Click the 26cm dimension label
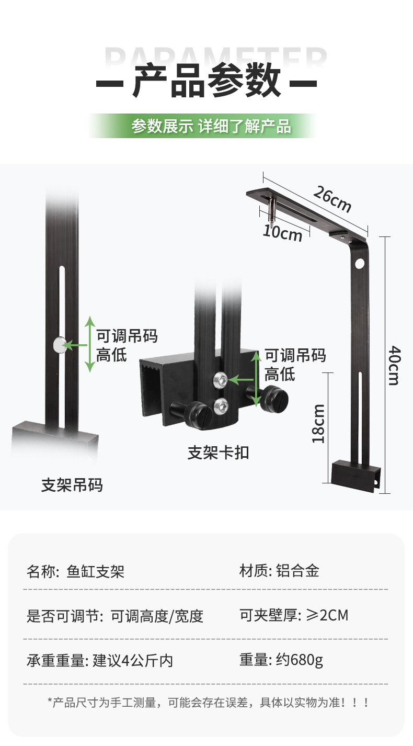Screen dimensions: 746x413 [332, 199]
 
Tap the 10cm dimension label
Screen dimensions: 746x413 [282, 232]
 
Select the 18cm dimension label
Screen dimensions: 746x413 [318, 423]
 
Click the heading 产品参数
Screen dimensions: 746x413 [206, 82]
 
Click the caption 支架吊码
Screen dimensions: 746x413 [72, 485]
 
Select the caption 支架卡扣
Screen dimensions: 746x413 [218, 453]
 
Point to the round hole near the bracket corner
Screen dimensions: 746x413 [360, 264]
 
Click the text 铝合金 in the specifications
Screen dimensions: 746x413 [297, 570]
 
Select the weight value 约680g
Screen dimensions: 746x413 [299, 660]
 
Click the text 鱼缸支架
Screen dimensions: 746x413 [96, 571]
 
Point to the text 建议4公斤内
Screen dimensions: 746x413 [133, 661]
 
